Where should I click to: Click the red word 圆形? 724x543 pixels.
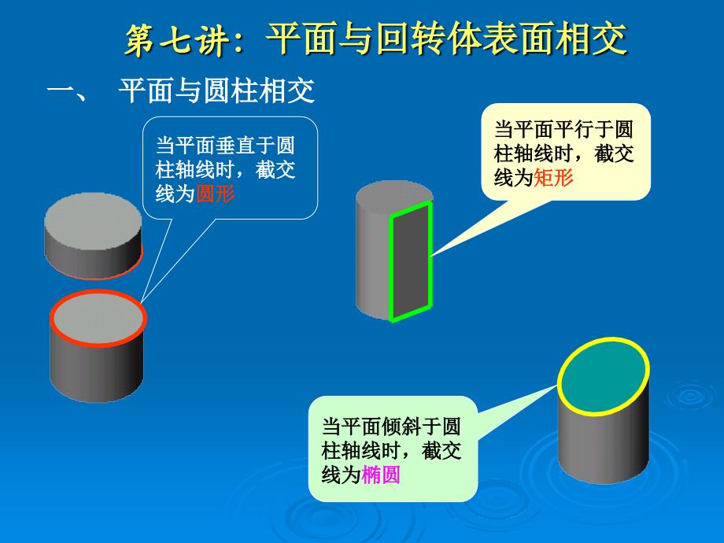pyautogui.click(x=216, y=194)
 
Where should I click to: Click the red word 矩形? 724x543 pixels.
pyautogui.click(x=553, y=177)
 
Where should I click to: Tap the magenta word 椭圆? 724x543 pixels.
pyautogui.click(x=380, y=475)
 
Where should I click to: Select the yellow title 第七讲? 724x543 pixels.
pyautogui.click(x=178, y=39)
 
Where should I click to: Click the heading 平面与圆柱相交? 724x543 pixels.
pyautogui.click(x=216, y=90)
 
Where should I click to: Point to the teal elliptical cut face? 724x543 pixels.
pyautogui.click(x=604, y=376)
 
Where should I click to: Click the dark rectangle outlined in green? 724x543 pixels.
pyautogui.click(x=411, y=261)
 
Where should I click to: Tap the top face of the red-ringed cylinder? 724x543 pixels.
pyautogui.click(x=98, y=318)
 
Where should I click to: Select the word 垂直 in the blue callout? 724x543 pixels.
pyautogui.click(x=235, y=145)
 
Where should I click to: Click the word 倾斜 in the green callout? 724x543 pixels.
pyautogui.click(x=401, y=427)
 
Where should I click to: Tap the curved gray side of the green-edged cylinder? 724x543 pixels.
pyautogui.click(x=372, y=259)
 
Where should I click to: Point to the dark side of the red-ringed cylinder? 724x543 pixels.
pyautogui.click(x=97, y=369)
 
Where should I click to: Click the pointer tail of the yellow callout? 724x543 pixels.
pyautogui.click(x=485, y=227)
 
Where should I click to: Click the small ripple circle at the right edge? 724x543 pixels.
pyautogui.click(x=690, y=395)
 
